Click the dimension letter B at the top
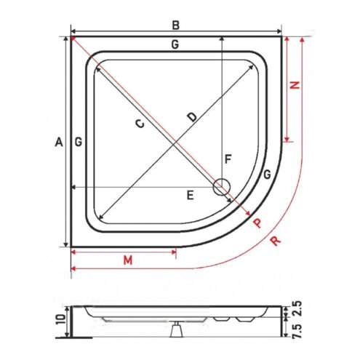point(175,25)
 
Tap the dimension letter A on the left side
point(59,142)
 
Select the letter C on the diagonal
point(140,124)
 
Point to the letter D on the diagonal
point(192,117)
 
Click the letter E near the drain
point(191,195)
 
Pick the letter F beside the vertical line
point(228,159)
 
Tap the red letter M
point(128,260)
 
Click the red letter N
point(295,85)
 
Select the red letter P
point(257,223)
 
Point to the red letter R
point(276,241)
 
